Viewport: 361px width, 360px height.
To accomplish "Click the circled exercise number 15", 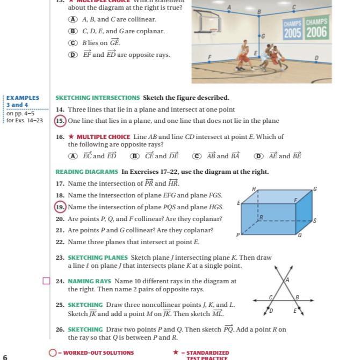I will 60,121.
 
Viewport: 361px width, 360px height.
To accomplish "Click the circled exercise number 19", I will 60,207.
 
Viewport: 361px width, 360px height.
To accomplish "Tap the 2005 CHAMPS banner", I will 293,29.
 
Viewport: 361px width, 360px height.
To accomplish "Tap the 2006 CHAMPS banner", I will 316,28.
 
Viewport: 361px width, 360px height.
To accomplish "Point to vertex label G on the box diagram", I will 315,189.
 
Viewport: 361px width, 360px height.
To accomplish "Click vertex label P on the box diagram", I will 237,235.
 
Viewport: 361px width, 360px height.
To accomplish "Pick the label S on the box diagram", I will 315,221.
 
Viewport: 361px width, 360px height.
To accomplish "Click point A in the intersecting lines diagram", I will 287,280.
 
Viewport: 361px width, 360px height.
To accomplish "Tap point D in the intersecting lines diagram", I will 271,311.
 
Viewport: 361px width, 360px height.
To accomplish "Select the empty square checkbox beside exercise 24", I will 46,281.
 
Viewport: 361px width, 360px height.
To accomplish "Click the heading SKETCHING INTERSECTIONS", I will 97,98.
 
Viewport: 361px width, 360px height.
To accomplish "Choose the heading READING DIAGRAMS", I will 86,172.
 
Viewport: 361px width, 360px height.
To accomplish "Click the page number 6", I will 5,357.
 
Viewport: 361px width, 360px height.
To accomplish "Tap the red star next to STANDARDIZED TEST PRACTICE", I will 176,352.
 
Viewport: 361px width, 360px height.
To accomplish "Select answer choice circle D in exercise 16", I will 259,156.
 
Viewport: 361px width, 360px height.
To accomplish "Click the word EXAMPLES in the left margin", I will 23,98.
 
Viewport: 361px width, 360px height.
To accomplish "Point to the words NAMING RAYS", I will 89,281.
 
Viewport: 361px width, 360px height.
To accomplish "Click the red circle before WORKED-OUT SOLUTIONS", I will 52,353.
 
